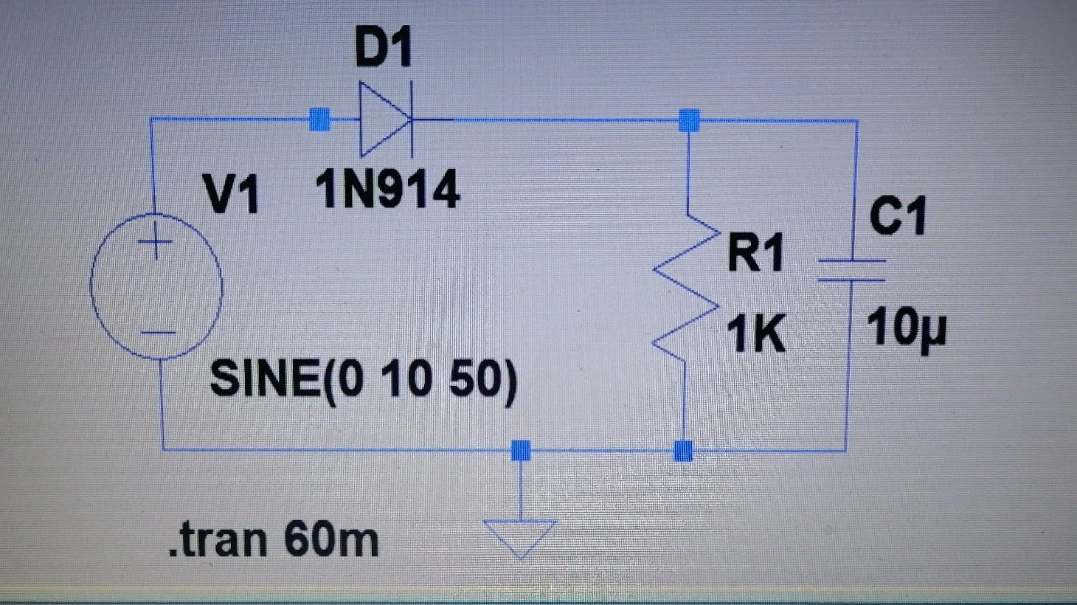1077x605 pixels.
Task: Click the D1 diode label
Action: point(383,49)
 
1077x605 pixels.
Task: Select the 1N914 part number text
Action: point(387,190)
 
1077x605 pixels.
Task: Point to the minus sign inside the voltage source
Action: point(157,333)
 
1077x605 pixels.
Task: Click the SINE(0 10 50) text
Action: point(363,380)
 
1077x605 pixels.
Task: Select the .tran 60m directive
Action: point(274,539)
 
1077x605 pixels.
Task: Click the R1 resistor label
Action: point(755,252)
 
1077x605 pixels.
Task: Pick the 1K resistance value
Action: point(755,333)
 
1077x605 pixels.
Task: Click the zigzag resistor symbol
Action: point(687,288)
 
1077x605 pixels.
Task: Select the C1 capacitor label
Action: point(897,216)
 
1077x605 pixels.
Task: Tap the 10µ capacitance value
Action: point(906,328)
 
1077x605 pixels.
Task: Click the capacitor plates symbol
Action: point(851,270)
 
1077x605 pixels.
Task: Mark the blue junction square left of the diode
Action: point(319,119)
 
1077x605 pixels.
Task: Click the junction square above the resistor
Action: point(688,119)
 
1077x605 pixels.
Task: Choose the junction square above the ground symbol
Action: point(521,449)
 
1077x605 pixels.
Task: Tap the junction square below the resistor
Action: point(684,449)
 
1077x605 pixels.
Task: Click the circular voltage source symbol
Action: point(156,287)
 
